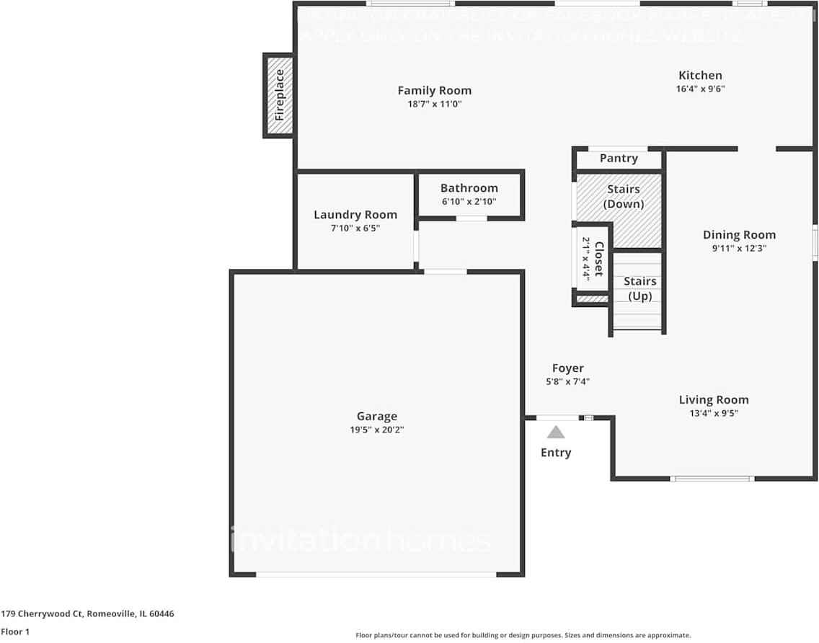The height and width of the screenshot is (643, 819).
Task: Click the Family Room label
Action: pyautogui.click(x=434, y=90)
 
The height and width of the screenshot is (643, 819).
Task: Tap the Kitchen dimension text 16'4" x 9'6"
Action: pyautogui.click(x=699, y=89)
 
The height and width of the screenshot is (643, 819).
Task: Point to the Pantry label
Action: pyautogui.click(x=619, y=159)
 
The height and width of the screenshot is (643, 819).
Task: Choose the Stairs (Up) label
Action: pyautogui.click(x=639, y=288)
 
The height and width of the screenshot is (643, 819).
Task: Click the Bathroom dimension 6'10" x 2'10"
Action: pyautogui.click(x=469, y=202)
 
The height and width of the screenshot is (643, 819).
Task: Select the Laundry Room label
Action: pyautogui.click(x=355, y=215)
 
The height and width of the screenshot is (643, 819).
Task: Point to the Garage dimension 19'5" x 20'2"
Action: pyautogui.click(x=376, y=430)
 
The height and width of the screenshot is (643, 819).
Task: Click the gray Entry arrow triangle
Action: pyautogui.click(x=556, y=433)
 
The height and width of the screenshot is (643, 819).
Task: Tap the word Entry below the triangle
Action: pyautogui.click(x=556, y=453)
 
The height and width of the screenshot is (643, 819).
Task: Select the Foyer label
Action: pyautogui.click(x=567, y=368)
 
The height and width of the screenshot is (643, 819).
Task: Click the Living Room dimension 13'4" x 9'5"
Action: pyautogui.click(x=713, y=413)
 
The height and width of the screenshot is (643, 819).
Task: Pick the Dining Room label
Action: pyautogui.click(x=739, y=234)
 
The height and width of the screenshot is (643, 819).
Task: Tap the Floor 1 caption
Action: pyautogui.click(x=15, y=631)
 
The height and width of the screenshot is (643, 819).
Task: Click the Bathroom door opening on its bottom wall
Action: pyautogui.click(x=472, y=218)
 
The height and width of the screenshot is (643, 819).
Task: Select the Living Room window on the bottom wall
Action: pyautogui.click(x=712, y=479)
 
